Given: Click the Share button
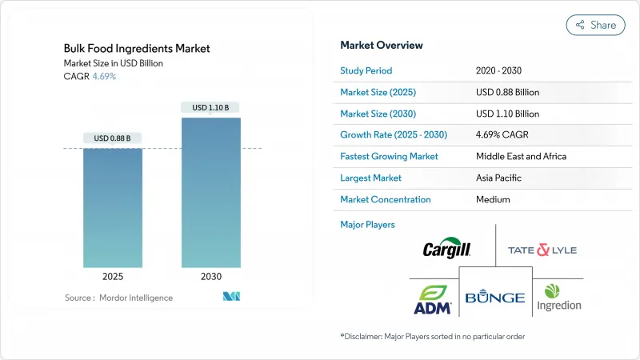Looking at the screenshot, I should [x=595, y=25].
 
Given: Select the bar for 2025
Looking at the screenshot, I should [x=113, y=208].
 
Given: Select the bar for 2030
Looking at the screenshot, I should [x=210, y=192].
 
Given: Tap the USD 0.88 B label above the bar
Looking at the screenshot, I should [x=113, y=138].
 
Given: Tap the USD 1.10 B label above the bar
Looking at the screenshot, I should [x=210, y=107].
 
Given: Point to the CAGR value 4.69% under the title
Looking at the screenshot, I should [x=104, y=76].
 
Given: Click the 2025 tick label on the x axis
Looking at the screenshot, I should [x=113, y=276].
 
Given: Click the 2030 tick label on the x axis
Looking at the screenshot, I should [x=210, y=276].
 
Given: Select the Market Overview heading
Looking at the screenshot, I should [x=382, y=45].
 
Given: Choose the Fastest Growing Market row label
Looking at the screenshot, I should [x=389, y=156].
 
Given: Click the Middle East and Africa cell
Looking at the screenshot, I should [x=521, y=156].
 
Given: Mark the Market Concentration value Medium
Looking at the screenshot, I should [x=493, y=199].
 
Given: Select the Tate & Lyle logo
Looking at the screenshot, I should [x=542, y=250].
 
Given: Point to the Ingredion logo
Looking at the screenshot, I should [x=558, y=297].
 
